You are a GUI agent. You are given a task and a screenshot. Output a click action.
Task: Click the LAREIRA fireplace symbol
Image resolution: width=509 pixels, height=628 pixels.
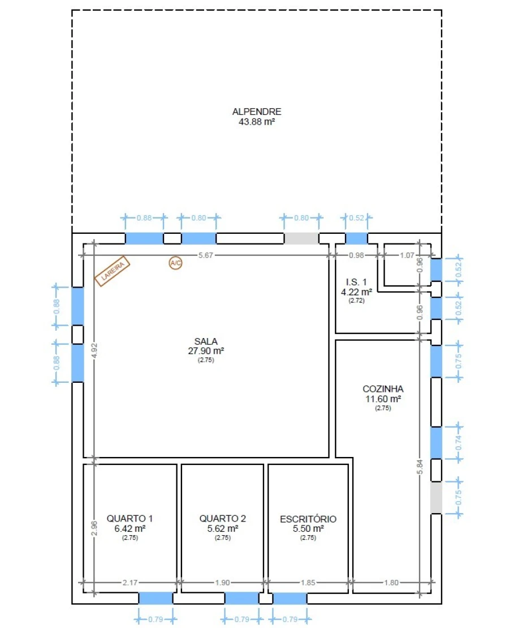pos(113,271)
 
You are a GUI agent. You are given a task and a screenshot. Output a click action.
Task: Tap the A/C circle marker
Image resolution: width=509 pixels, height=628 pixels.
pos(175,263)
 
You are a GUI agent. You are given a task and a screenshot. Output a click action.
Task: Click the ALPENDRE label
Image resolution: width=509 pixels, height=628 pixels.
pos(257,112)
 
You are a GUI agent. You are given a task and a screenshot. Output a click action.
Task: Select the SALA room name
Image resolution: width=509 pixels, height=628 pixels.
pos(206,341)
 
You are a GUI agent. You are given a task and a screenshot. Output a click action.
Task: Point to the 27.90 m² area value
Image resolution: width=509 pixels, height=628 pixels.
pos(206,351)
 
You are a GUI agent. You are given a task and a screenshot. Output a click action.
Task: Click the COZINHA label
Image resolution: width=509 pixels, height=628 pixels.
pos(383,389)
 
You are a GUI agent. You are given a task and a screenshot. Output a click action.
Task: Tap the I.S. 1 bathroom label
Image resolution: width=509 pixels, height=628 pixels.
pos(356,282)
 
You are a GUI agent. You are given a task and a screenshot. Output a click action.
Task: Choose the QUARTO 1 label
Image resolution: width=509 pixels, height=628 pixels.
pos(130,518)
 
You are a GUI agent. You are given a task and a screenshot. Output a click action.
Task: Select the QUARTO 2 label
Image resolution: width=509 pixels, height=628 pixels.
pos(222,518)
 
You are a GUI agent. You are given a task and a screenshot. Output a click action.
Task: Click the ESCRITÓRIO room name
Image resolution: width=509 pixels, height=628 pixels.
pos(308,519)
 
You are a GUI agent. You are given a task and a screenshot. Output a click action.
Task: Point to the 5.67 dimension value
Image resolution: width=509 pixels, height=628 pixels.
pos(206,255)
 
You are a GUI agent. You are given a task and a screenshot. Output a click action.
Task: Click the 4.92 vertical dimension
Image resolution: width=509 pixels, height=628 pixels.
pos(94,351)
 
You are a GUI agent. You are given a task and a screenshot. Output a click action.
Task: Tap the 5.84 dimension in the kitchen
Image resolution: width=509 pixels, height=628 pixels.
pos(420,467)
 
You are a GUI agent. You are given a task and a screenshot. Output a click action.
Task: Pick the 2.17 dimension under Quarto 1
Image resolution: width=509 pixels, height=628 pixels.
pos(130,582)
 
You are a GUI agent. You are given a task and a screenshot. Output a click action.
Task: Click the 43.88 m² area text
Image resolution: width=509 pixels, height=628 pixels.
pos(257,122)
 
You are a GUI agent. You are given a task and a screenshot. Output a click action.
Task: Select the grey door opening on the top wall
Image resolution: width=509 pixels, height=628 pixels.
pos(301,238)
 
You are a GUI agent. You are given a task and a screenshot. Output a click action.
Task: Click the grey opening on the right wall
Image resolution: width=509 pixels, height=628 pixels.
pos(436,497)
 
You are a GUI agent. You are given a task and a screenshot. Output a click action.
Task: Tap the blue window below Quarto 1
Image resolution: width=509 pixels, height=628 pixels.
pos(156,599)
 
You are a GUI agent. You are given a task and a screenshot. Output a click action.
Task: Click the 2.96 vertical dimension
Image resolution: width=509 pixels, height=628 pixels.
pos(94,528)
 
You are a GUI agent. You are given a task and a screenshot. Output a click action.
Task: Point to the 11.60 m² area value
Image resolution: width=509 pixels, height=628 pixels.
pos(383,399)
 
